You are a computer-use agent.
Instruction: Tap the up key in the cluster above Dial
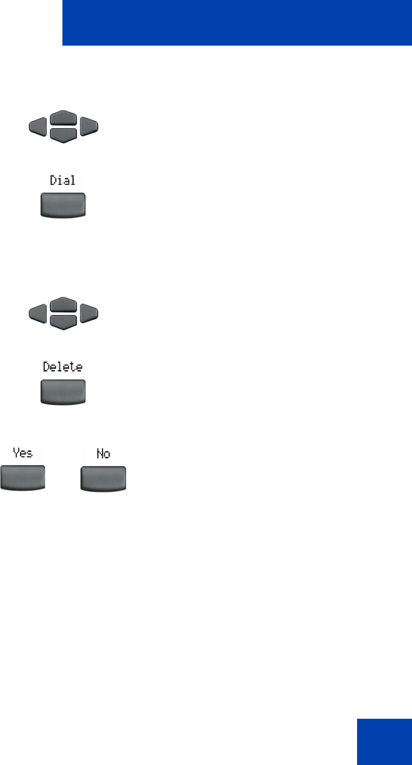[x=64, y=117]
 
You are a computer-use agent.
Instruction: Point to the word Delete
[x=62, y=367]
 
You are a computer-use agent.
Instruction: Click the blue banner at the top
[x=237, y=23]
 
